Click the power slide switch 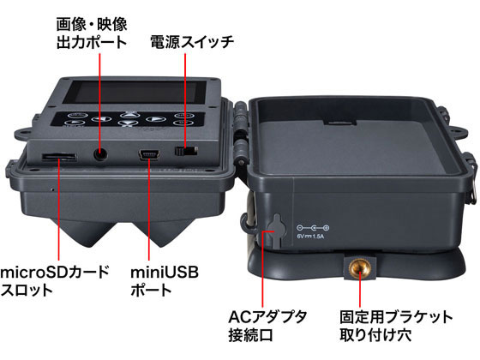(x=186, y=152)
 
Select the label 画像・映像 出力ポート (x=91, y=30)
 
